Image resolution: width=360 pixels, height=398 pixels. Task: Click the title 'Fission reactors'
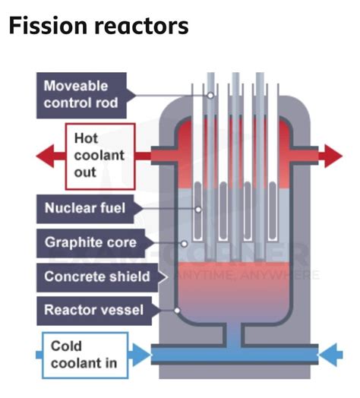(98, 27)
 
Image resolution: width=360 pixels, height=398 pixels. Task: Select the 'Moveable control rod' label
(81, 94)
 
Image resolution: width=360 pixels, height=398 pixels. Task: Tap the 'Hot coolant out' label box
(99, 156)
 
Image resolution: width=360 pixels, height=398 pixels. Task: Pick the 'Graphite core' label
(90, 242)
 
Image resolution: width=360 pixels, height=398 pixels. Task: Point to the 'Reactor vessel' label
(90, 310)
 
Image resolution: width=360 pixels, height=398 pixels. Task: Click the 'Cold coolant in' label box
(84, 355)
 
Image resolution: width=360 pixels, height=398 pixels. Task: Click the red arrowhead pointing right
(333, 156)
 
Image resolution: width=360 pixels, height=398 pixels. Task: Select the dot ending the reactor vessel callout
(176, 310)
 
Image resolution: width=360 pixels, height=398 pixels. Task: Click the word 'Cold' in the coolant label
(67, 346)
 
